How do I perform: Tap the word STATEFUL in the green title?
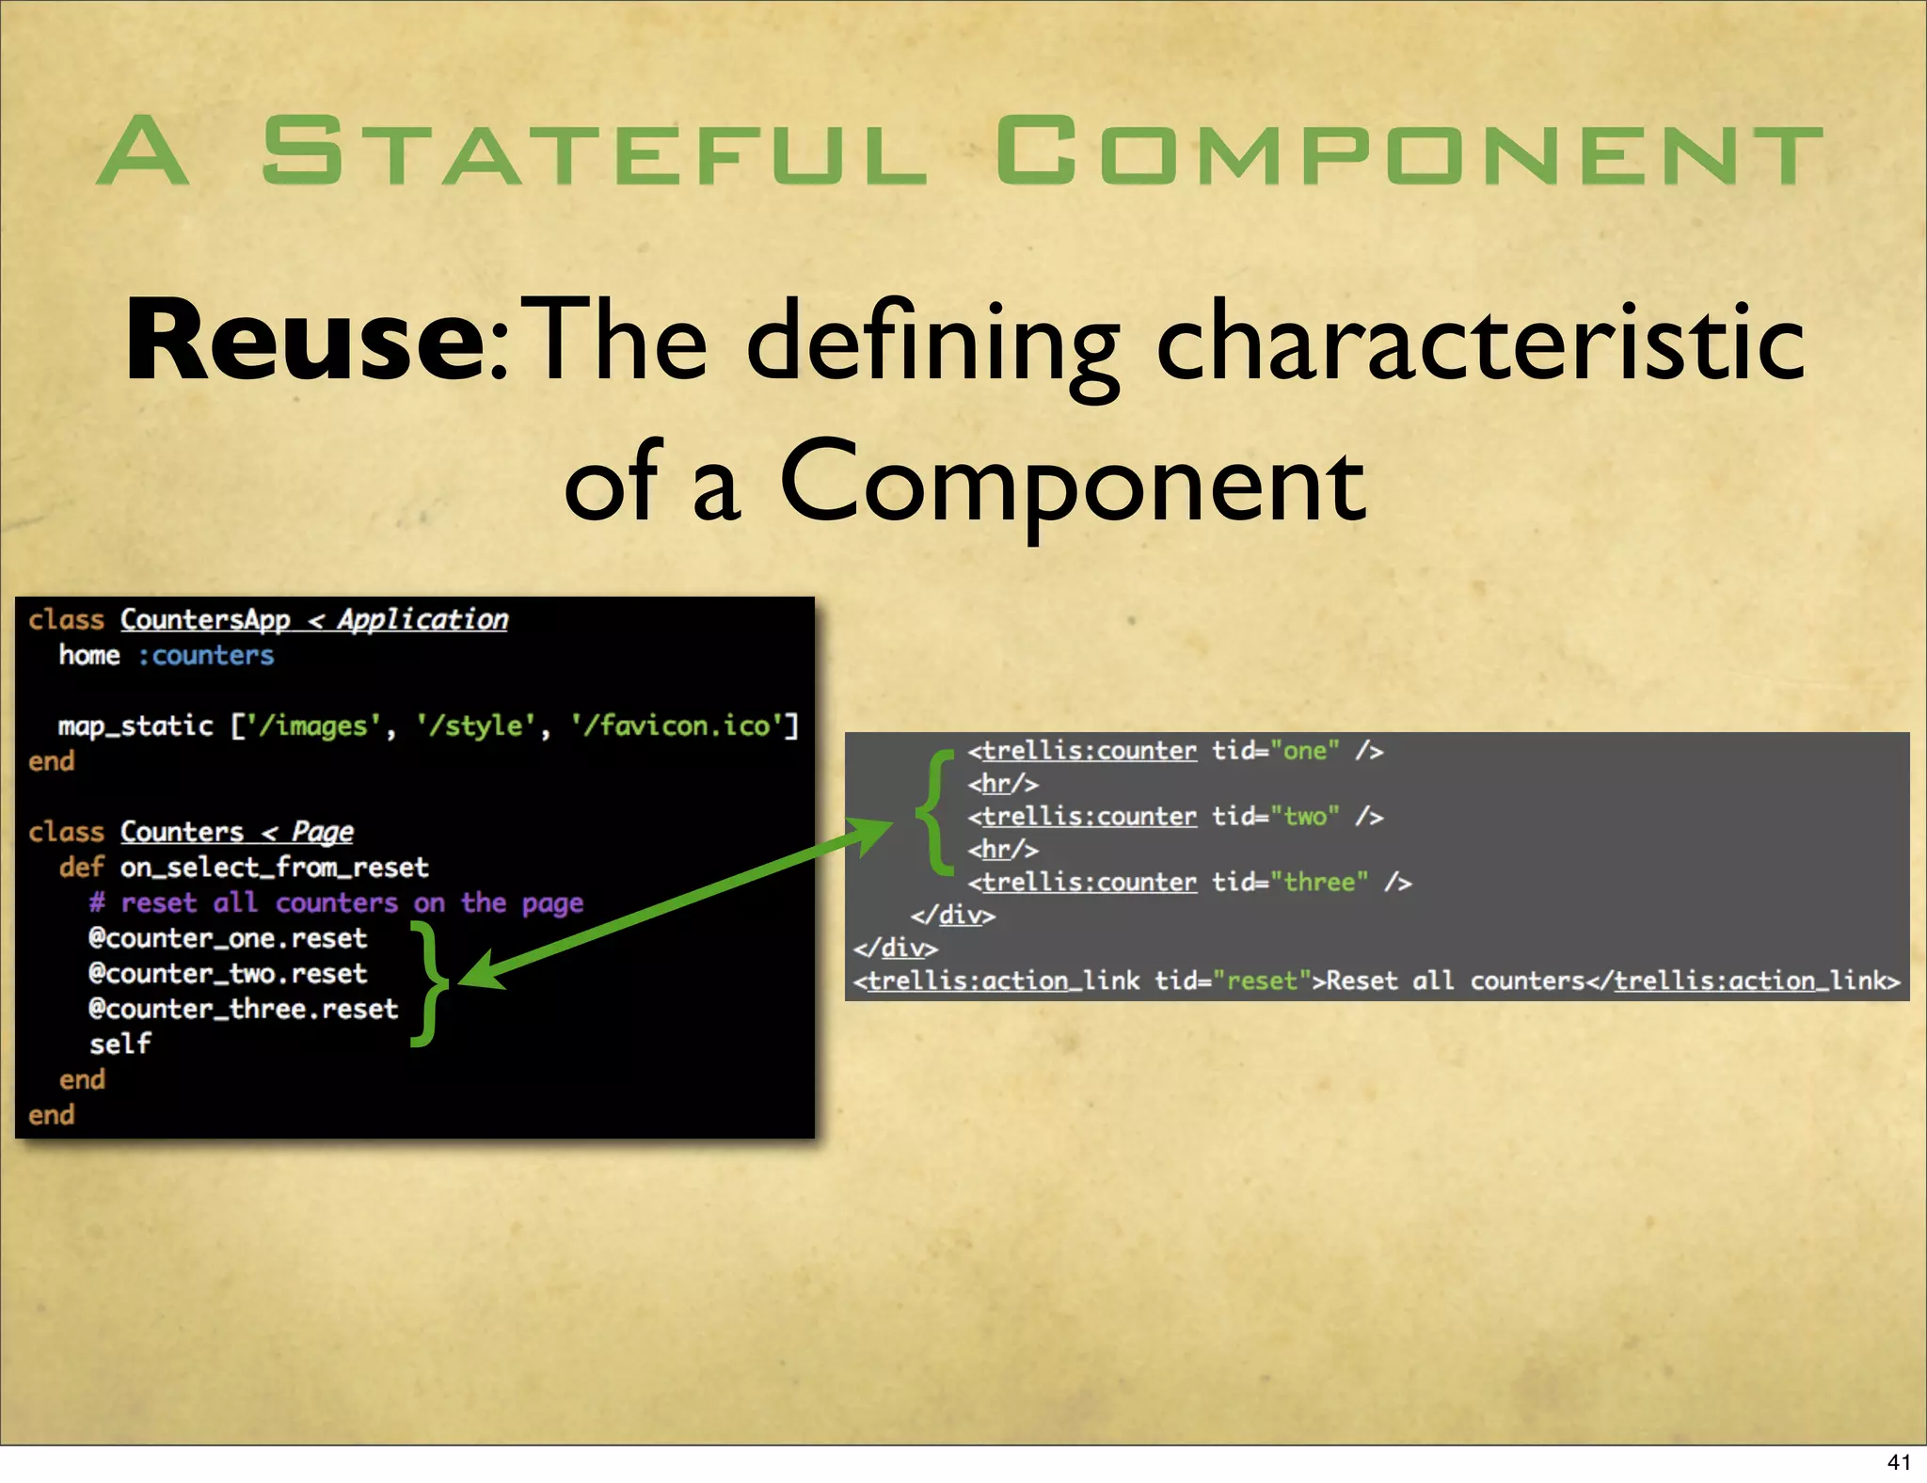click(595, 151)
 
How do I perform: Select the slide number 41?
click(1899, 1461)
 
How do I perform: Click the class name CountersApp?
click(205, 619)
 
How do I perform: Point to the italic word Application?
click(422, 619)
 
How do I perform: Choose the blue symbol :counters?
click(206, 655)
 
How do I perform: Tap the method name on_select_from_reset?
click(274, 867)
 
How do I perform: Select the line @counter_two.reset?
click(228, 973)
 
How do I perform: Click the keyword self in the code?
click(119, 1044)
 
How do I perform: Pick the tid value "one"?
click(1304, 751)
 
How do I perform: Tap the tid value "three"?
click(1318, 882)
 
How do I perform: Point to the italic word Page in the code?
click(322, 832)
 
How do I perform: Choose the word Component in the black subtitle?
click(1072, 482)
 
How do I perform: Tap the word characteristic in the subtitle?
click(1480, 341)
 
